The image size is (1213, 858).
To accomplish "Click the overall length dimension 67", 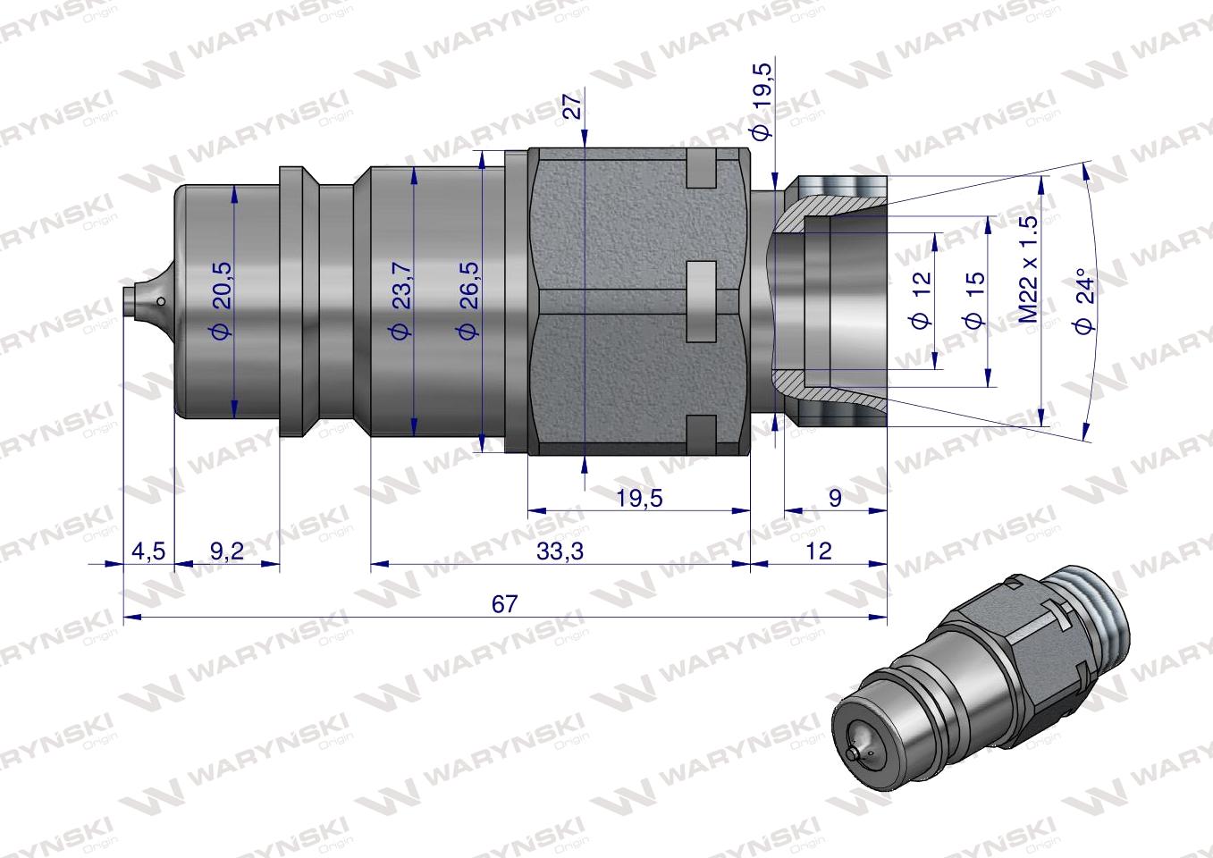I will pyautogui.click(x=504, y=604).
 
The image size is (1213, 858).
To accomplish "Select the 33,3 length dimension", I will pyautogui.click(x=560, y=551).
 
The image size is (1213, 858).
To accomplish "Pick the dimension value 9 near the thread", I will pyautogui.click(x=835, y=498).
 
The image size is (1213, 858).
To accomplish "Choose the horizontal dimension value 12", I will pyautogui.click(x=818, y=551).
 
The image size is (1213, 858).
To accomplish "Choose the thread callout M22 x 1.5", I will pyautogui.click(x=1029, y=268).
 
